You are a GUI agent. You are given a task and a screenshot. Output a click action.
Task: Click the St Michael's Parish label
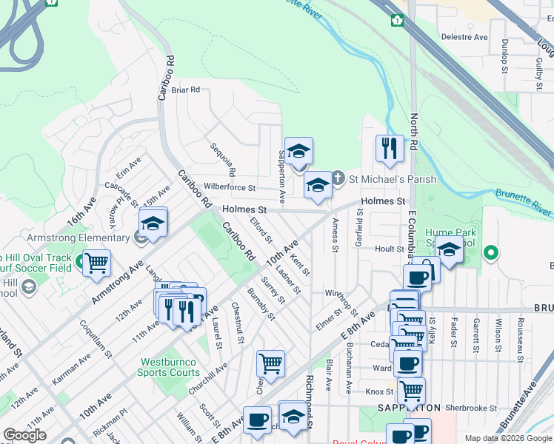393,179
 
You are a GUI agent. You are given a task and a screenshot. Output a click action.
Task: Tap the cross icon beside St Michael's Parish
338,178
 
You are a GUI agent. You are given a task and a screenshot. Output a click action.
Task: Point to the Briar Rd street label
186,90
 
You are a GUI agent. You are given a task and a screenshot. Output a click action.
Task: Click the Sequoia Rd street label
221,159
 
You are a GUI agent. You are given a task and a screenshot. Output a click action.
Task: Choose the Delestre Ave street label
464,36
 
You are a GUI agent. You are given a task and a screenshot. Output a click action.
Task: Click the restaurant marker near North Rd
389,149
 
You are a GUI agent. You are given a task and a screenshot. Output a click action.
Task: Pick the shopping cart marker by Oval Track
96,263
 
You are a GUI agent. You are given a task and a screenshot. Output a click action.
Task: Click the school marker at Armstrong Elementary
153,223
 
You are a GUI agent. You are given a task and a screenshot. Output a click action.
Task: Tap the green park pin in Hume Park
490,254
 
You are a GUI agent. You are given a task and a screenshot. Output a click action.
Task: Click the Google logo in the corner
24,435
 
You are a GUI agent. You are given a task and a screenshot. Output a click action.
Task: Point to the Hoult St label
388,249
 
